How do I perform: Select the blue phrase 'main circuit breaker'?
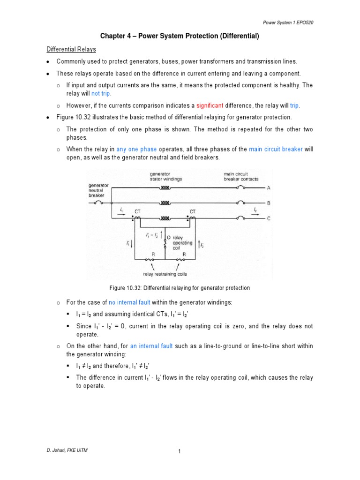coord(276,150)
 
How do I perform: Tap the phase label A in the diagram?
coord(269,188)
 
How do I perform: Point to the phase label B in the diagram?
coord(269,203)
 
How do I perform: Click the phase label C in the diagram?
coord(269,218)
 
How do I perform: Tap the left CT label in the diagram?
coord(137,212)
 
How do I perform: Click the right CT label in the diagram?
coord(193,212)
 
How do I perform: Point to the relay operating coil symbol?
coord(165,244)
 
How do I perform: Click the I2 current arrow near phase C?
coord(255,211)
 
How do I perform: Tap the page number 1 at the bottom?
coord(180,451)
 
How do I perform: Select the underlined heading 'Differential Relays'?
coord(70,49)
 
